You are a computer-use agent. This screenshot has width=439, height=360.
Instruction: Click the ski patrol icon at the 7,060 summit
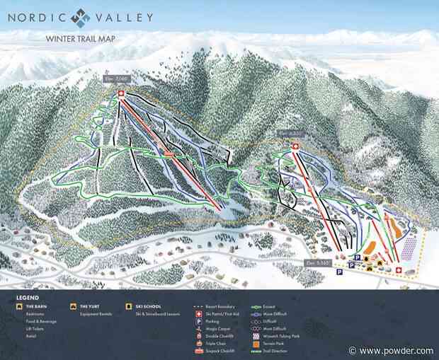120,93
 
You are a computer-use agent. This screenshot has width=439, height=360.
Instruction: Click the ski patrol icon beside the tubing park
399,270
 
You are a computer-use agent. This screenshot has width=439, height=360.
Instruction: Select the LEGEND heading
28,297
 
